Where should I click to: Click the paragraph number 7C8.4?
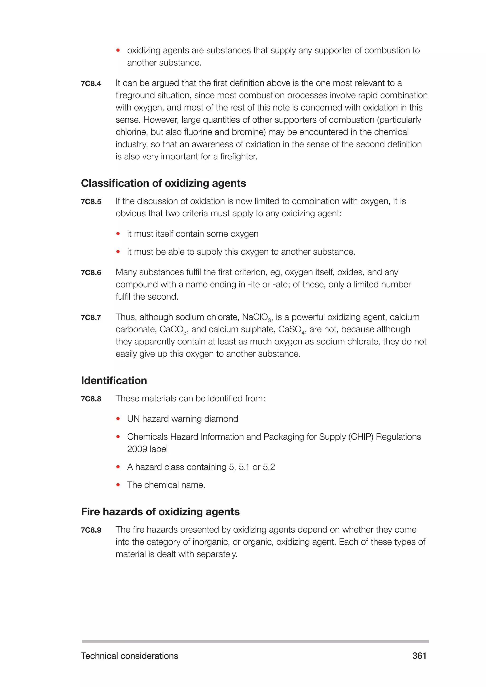pyautogui.click(x=91, y=84)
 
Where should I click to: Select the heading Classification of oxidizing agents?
pyautogui.click(x=164, y=183)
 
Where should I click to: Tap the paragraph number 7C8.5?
pyautogui.click(x=91, y=202)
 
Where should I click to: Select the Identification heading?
pyautogui.click(x=114, y=380)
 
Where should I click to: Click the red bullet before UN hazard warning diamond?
pyautogui.click(x=118, y=419)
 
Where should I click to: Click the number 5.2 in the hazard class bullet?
pyautogui.click(x=269, y=467)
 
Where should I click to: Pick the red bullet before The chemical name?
pyautogui.click(x=118, y=485)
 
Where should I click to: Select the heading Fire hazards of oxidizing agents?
pyautogui.click(x=160, y=512)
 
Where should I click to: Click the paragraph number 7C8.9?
pyautogui.click(x=91, y=530)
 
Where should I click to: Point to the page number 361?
pyautogui.click(x=419, y=656)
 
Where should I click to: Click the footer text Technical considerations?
pyautogui.click(x=130, y=656)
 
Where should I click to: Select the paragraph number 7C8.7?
pyautogui.click(x=91, y=317)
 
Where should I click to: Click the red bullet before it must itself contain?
pyautogui.click(x=118, y=234)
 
